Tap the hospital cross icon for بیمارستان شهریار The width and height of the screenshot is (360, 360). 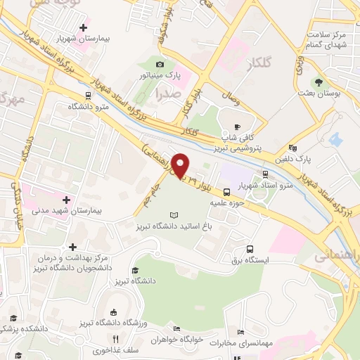(x=84, y=28)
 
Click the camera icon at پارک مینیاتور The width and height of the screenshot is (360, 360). (x=160, y=65)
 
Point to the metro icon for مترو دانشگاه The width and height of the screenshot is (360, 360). (x=88, y=96)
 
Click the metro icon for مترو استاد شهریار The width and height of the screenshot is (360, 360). (x=264, y=174)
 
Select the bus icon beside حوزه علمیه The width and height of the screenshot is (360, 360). (x=226, y=191)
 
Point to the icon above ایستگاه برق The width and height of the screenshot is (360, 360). (x=250, y=248)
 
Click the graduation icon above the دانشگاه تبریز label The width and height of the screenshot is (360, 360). (x=134, y=270)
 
